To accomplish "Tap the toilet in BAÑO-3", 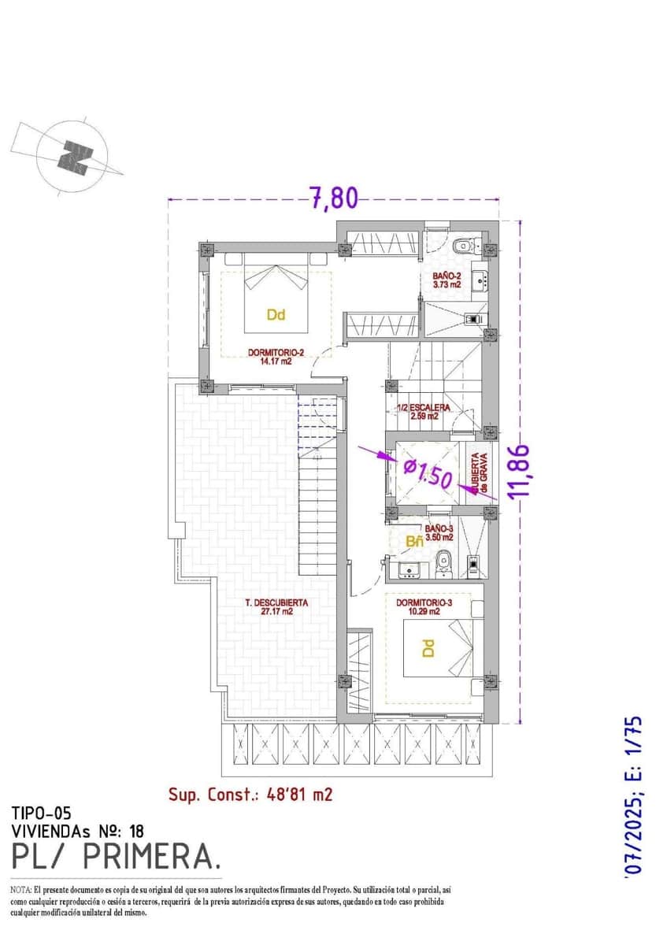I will (x=443, y=559).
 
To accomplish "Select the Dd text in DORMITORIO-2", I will (x=275, y=315).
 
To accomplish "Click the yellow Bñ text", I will (x=414, y=542).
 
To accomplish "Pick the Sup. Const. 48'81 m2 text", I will (x=250, y=795).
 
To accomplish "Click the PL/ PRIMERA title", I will (x=117, y=855).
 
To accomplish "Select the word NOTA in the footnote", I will (x=20, y=888).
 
